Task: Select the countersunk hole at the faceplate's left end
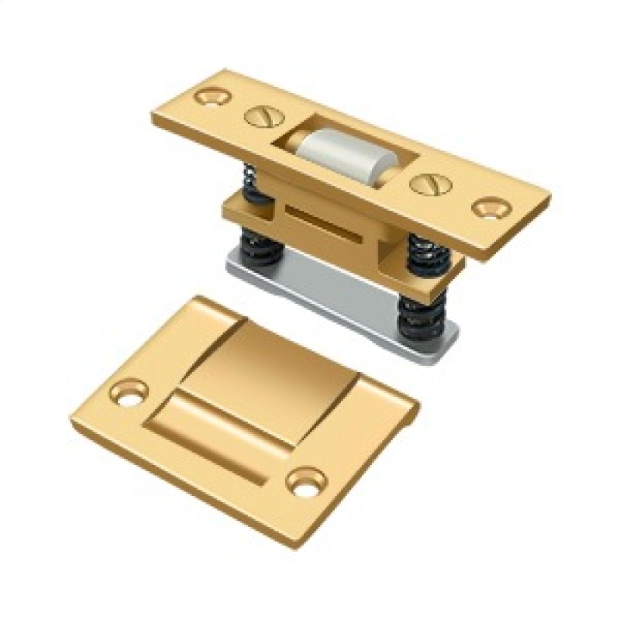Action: click(213, 97)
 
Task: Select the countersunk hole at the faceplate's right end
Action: click(489, 208)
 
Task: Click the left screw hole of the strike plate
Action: click(129, 390)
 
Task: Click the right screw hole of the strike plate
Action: click(305, 481)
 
